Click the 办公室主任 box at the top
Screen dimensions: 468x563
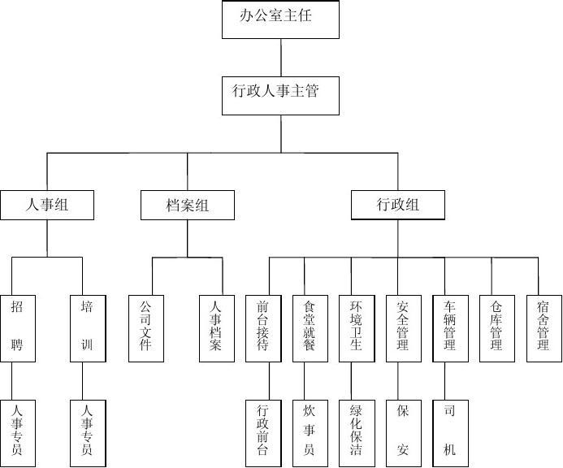(280, 19)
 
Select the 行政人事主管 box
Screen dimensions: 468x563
(280, 95)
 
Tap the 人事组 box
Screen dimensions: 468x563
(46, 205)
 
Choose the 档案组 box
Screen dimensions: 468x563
(187, 205)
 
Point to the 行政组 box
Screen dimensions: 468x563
(398, 205)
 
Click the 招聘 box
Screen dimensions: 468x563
(18, 327)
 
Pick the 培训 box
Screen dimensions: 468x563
(88, 327)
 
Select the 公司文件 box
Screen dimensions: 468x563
(146, 327)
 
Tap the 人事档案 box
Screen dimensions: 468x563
(216, 327)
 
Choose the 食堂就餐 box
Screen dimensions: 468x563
(310, 327)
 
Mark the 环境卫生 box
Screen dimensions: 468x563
(357, 327)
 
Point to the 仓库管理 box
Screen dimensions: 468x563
(497, 327)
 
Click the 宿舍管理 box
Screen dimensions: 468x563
(544, 327)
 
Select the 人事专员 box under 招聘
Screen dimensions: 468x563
(18, 433)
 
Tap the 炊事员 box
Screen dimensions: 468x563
(310, 433)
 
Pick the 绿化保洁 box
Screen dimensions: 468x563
(357, 433)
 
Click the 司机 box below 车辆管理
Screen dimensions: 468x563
(450, 433)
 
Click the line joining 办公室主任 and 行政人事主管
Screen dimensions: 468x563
(281, 58)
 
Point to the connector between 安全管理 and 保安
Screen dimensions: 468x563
(398, 381)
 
